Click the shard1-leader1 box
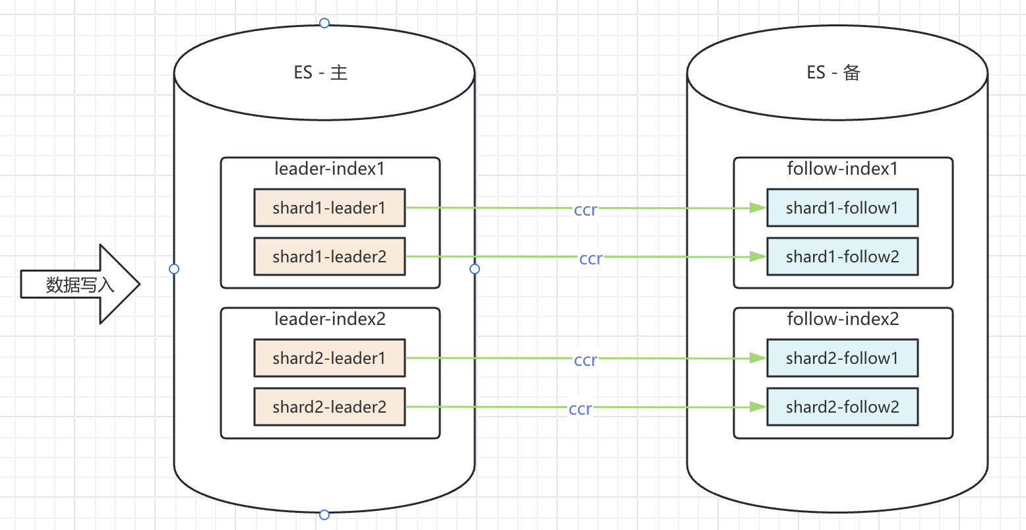pyautogui.click(x=329, y=208)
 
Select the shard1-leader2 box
pyautogui.click(x=329, y=256)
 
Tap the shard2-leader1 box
pyautogui.click(x=329, y=358)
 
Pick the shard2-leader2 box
pyautogui.click(x=329, y=407)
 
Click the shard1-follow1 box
pyautogui.click(x=842, y=208)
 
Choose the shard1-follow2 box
pyautogui.click(x=842, y=256)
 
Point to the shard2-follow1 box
pyautogui.click(x=842, y=358)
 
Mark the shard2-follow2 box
pyautogui.click(x=842, y=407)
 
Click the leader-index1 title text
pyautogui.click(x=329, y=169)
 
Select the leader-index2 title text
pyautogui.click(x=330, y=319)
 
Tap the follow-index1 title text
pyautogui.click(x=842, y=169)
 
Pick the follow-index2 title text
pyautogui.click(x=843, y=319)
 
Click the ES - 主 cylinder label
pyautogui.click(x=320, y=73)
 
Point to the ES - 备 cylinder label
pyautogui.click(x=833, y=73)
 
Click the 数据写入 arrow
pyautogui.click(x=80, y=285)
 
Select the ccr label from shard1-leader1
pyautogui.click(x=586, y=210)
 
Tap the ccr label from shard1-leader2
pyautogui.click(x=591, y=258)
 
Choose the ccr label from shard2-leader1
pyautogui.click(x=586, y=360)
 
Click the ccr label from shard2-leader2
pyautogui.click(x=580, y=409)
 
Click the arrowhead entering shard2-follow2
pyautogui.click(x=759, y=407)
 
